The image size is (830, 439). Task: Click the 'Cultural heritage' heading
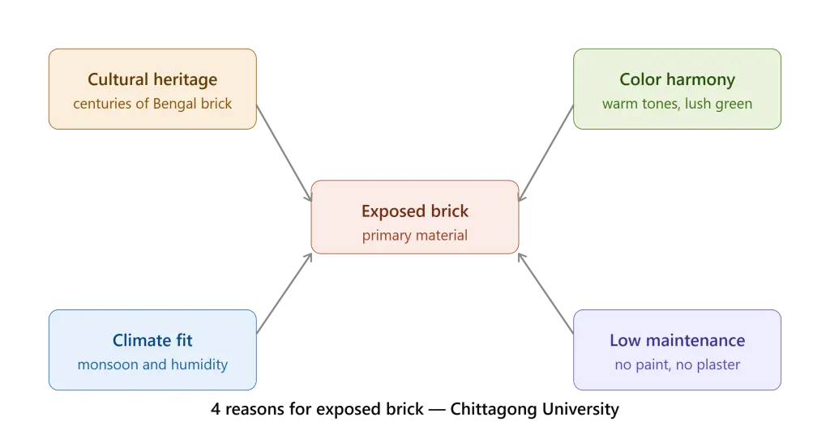(152, 79)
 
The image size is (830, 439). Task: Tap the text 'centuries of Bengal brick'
(152, 104)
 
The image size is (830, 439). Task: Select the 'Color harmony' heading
(677, 79)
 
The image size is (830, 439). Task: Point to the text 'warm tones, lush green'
(677, 104)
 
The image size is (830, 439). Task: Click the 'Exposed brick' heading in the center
(415, 211)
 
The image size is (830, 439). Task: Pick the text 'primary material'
(415, 236)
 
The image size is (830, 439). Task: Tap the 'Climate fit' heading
(152, 340)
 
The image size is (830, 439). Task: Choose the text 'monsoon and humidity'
(152, 364)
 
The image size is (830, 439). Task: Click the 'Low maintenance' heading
(677, 340)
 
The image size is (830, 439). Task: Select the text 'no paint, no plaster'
(677, 364)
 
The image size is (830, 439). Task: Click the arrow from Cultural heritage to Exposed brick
(285, 153)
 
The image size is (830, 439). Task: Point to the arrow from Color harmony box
(545, 153)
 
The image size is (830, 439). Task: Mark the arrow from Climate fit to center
(285, 293)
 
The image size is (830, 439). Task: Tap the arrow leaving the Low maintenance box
(545, 293)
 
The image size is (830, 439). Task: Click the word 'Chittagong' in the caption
(494, 409)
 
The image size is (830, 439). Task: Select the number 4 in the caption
(216, 409)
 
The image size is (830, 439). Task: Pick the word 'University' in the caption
(580, 409)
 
